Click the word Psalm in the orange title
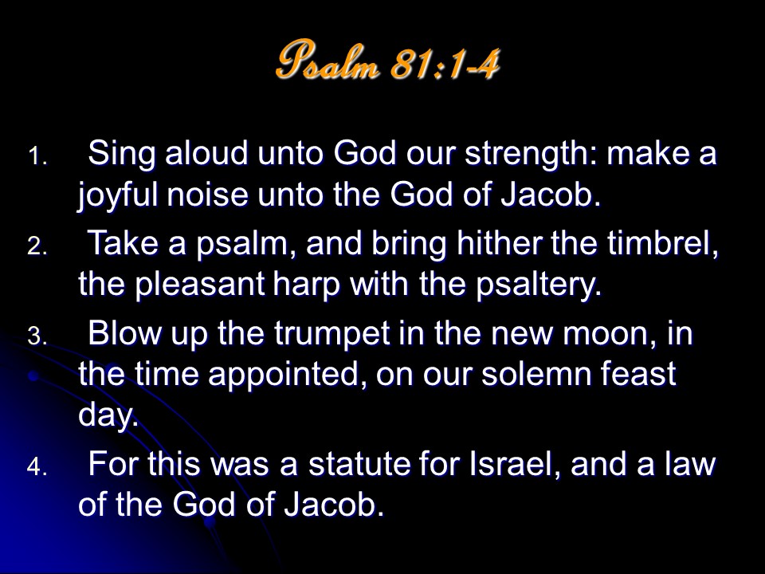coord(328,61)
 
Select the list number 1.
coord(37,157)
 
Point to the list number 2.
coord(37,247)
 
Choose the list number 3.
coord(37,336)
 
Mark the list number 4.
coord(37,467)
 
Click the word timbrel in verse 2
coord(663,244)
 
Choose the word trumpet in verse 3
coord(331,335)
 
